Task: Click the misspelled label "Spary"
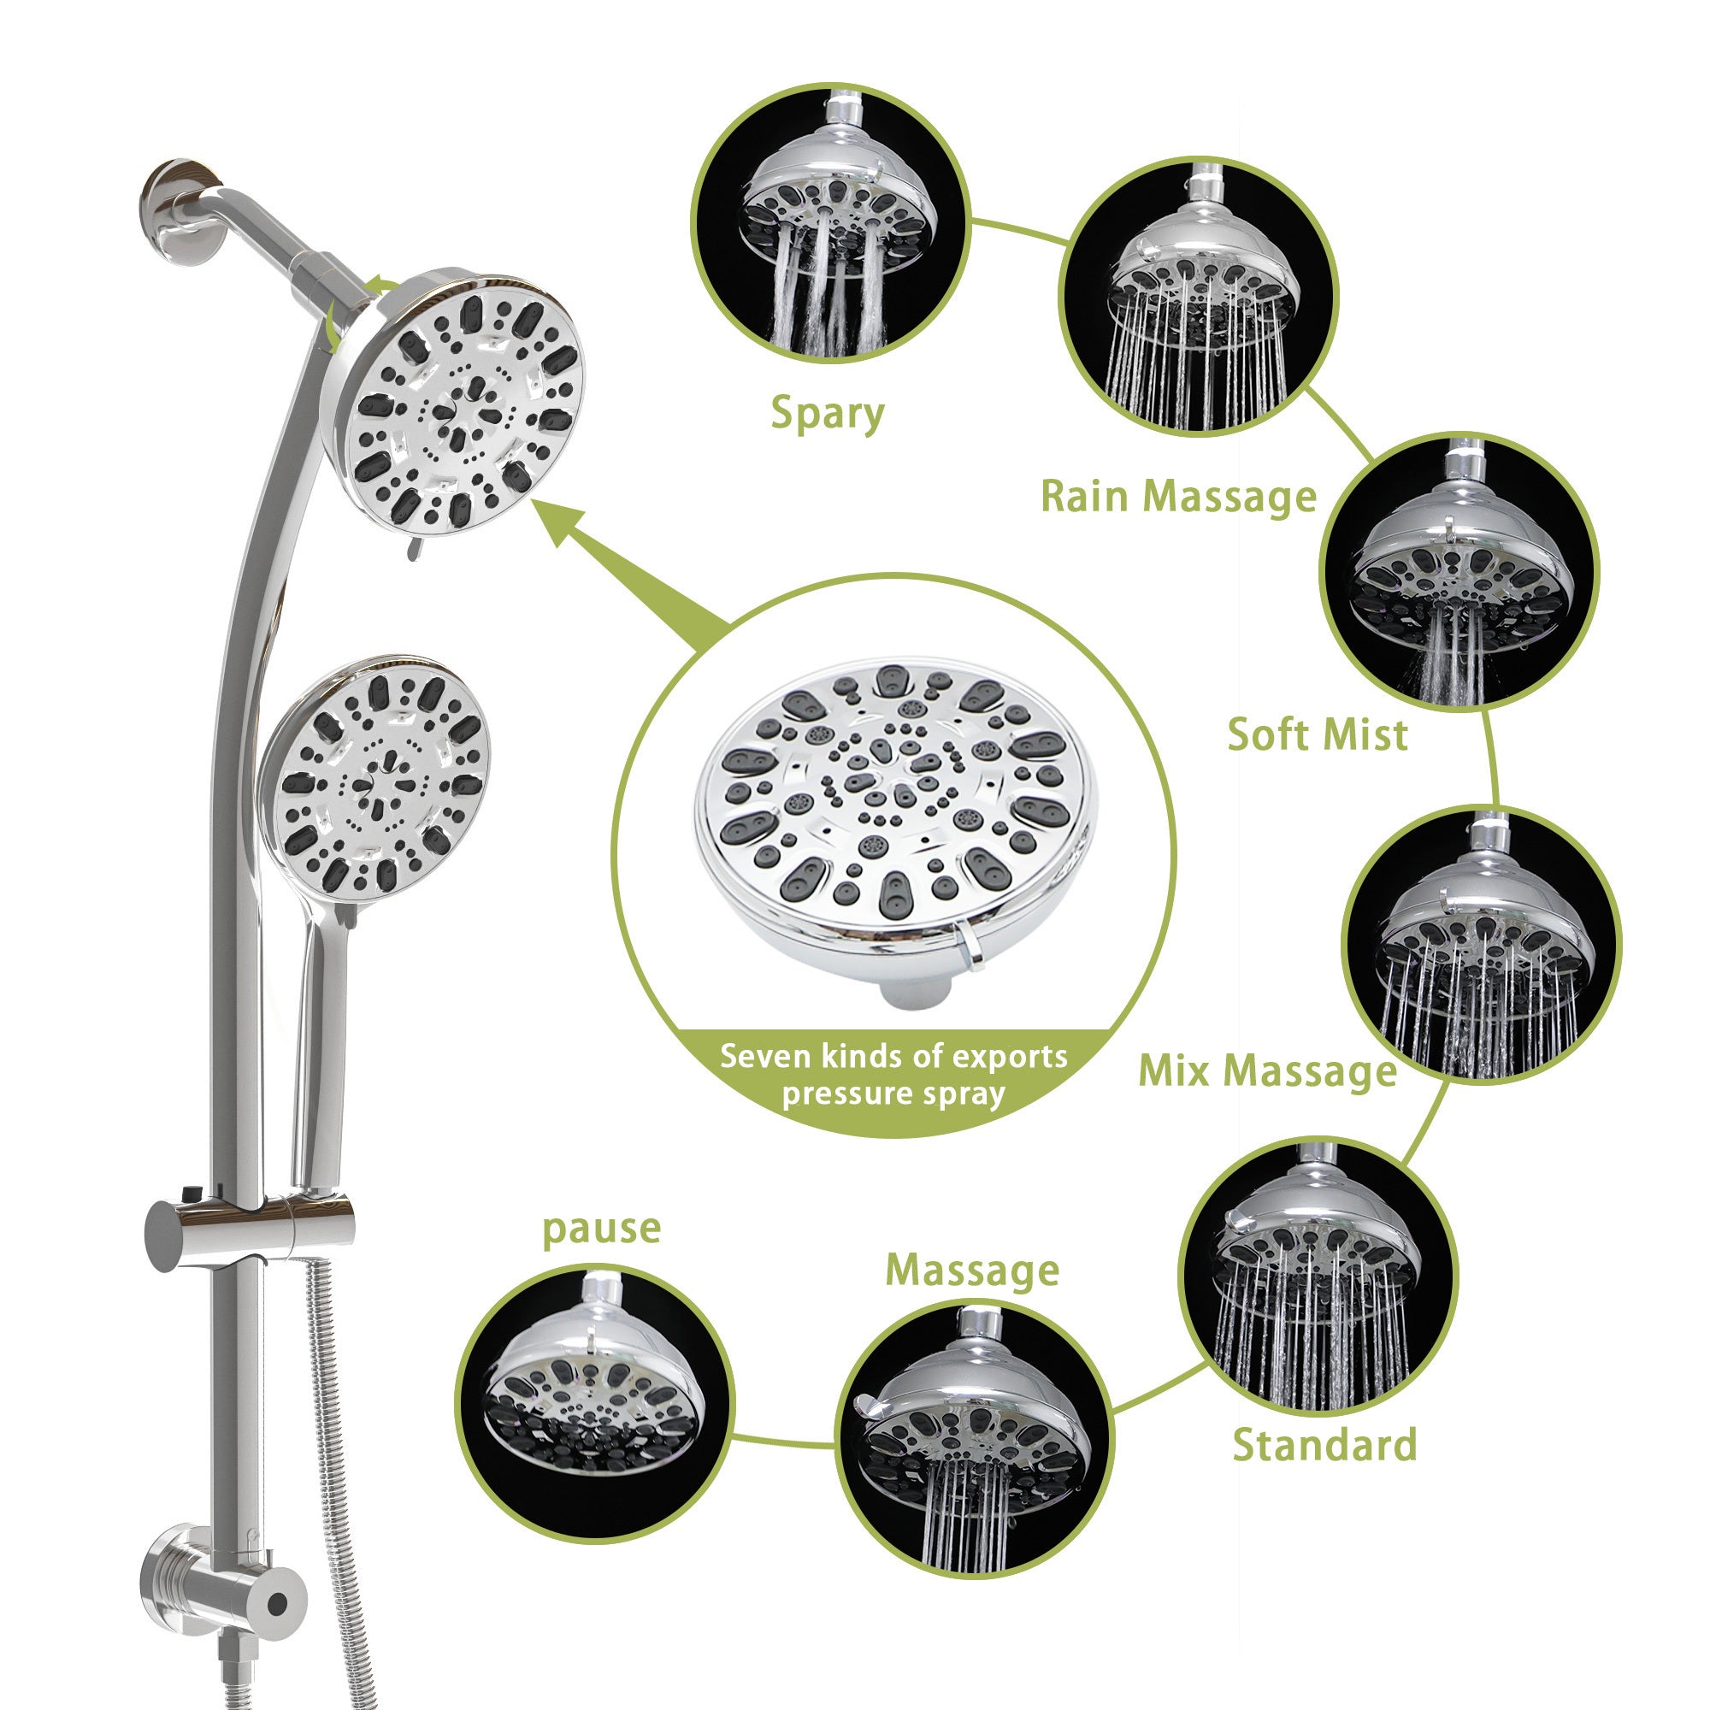[x=827, y=413]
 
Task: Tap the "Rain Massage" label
[x=1178, y=496]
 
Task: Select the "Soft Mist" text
[x=1317, y=734]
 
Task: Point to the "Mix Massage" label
[x=1266, y=1071]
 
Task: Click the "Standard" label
[x=1324, y=1445]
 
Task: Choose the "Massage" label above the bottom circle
[x=972, y=1271]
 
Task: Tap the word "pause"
[x=601, y=1229]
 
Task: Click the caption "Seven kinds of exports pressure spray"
[x=893, y=1075]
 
